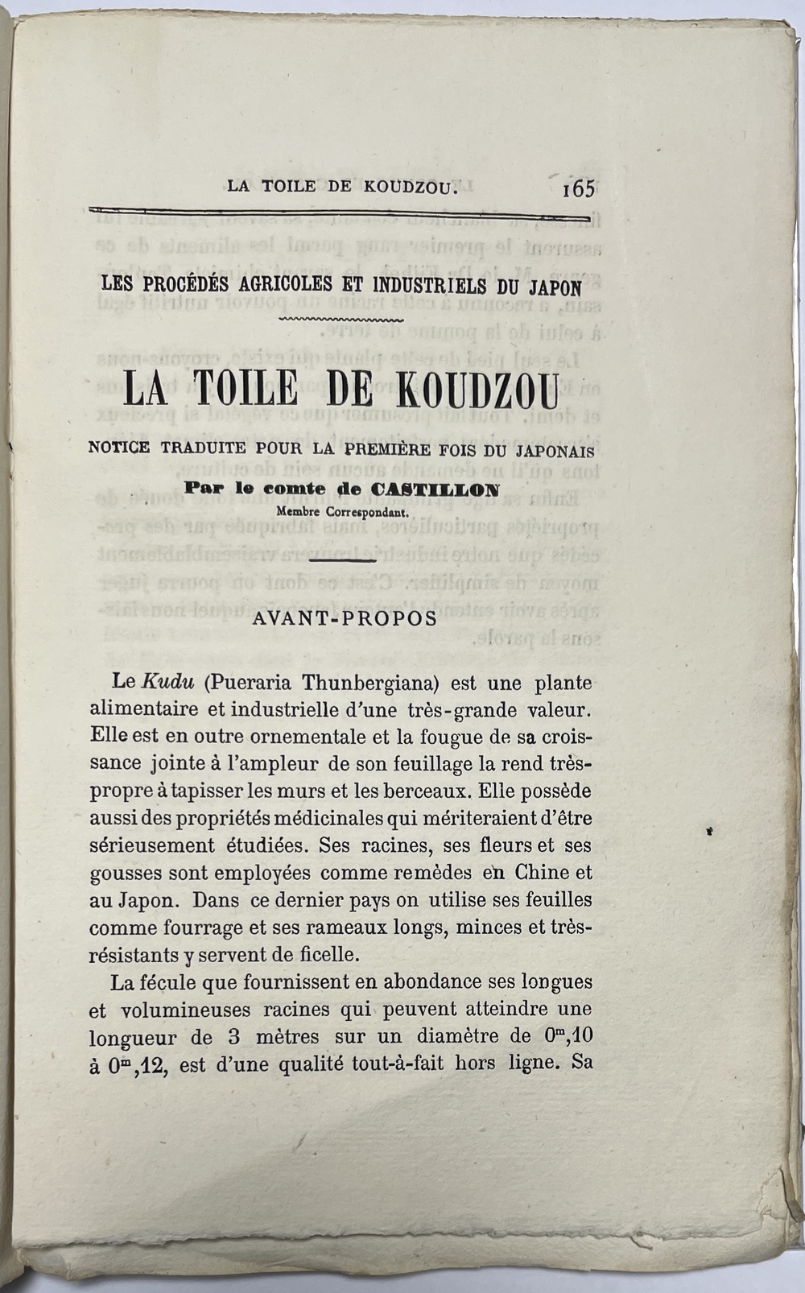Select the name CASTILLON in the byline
tap(435, 489)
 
